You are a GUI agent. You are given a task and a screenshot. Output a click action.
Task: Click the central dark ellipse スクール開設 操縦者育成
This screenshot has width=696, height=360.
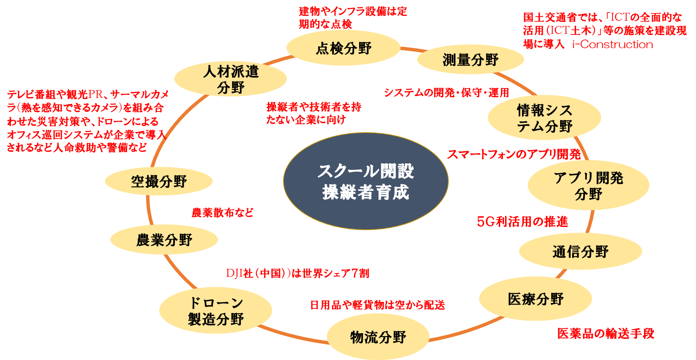pyautogui.click(x=366, y=181)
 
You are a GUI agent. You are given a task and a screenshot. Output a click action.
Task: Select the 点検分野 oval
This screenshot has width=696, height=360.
pyautogui.click(x=343, y=48)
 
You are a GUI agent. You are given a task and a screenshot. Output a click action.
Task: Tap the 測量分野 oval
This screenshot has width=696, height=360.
pyautogui.click(x=470, y=59)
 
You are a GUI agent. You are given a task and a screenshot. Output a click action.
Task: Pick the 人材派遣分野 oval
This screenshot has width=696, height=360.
pyautogui.click(x=230, y=79)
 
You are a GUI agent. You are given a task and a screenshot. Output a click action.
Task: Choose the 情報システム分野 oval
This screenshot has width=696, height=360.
pyautogui.click(x=544, y=118)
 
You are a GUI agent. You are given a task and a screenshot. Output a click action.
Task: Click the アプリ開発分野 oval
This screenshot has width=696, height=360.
pyautogui.click(x=588, y=185)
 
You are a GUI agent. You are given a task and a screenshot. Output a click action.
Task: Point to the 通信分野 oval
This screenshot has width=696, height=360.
pyautogui.click(x=580, y=252)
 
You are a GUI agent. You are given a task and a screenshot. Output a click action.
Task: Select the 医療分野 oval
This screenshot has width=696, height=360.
pyautogui.click(x=535, y=299)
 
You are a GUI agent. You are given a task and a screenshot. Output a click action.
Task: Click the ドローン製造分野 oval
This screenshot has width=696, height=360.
pyautogui.click(x=215, y=311)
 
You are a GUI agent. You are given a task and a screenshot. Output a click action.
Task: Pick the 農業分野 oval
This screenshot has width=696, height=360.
pyautogui.click(x=164, y=240)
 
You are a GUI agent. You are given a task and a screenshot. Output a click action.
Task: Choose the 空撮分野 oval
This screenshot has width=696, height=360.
pyautogui.click(x=158, y=182)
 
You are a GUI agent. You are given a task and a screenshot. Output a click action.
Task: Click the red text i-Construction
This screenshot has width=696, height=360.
pyautogui.click(x=612, y=44)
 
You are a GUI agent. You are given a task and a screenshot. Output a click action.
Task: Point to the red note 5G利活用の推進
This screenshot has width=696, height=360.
pyautogui.click(x=522, y=222)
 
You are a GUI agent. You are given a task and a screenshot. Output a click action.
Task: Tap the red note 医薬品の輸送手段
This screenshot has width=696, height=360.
pyautogui.click(x=605, y=333)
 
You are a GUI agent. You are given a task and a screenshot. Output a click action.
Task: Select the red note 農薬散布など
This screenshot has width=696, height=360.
pyautogui.click(x=222, y=213)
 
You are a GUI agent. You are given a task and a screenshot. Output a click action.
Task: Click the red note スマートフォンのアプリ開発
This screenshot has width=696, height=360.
pyautogui.click(x=513, y=154)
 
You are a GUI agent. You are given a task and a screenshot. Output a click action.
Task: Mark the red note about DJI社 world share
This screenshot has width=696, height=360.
pyautogui.click(x=297, y=273)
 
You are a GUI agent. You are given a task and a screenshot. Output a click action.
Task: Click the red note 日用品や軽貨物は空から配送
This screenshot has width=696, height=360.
pyautogui.click(x=377, y=305)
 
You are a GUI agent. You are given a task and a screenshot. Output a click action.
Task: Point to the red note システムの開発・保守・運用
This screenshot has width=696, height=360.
pyautogui.click(x=446, y=93)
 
